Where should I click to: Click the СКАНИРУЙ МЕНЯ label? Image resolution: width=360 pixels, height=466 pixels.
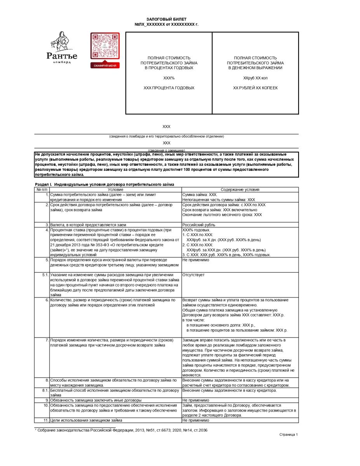(x=105, y=66)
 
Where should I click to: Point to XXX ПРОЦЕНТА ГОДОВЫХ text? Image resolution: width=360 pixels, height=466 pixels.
(x=169, y=88)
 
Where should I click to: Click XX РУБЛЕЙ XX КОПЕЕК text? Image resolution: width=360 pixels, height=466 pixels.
(x=255, y=88)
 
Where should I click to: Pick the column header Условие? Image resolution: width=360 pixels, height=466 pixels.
(x=115, y=190)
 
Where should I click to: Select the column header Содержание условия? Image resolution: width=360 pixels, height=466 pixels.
(x=240, y=190)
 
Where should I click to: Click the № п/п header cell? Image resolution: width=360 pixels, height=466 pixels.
(x=42, y=190)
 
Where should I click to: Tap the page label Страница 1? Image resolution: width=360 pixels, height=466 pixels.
(x=289, y=435)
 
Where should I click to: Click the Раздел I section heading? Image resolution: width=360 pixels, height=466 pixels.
(x=104, y=184)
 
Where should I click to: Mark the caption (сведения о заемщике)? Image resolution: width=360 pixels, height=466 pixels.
(x=166, y=150)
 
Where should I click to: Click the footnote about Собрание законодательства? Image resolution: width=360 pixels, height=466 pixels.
(x=118, y=430)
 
